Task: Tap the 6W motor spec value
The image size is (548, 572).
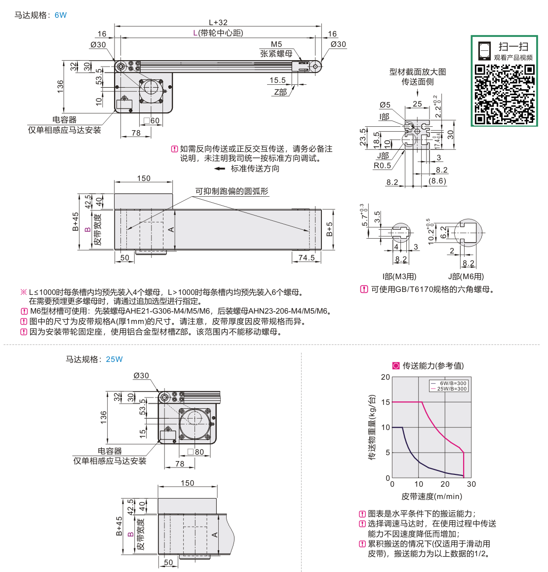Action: [x=61, y=15]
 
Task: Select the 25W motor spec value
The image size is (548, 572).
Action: [x=114, y=359]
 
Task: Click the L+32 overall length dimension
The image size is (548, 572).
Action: [x=218, y=22]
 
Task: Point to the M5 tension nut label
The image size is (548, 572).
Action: [x=276, y=44]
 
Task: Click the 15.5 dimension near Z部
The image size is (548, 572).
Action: [x=277, y=80]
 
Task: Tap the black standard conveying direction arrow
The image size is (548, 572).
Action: [x=220, y=169]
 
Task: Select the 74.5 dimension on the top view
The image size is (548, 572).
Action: [x=306, y=258]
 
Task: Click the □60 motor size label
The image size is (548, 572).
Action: [x=152, y=121]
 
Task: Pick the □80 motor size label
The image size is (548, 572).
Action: [x=196, y=452]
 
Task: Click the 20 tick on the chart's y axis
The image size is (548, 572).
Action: [x=385, y=377]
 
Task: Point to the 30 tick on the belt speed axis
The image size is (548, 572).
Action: [x=471, y=484]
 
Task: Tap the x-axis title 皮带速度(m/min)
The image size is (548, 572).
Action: [x=431, y=497]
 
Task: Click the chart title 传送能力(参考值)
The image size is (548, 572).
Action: [x=433, y=365]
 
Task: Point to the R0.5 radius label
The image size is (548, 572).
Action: [x=382, y=166]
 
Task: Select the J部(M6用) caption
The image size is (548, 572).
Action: [x=466, y=277]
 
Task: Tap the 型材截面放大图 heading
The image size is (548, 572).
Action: [x=418, y=72]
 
